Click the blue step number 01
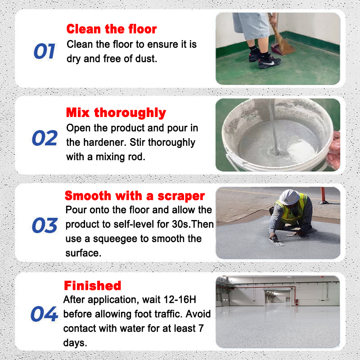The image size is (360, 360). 44,51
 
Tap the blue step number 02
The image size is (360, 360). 45,138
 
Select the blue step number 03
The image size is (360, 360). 45,225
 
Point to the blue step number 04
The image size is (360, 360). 44,314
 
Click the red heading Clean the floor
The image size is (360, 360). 112,29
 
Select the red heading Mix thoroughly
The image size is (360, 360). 116,113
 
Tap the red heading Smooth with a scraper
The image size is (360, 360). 135,196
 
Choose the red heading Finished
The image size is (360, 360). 93,286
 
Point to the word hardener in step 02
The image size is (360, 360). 104,142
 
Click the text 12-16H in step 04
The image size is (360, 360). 180,299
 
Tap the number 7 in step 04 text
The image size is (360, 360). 201,328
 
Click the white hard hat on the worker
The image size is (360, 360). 289,197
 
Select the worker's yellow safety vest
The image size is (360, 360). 291,209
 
